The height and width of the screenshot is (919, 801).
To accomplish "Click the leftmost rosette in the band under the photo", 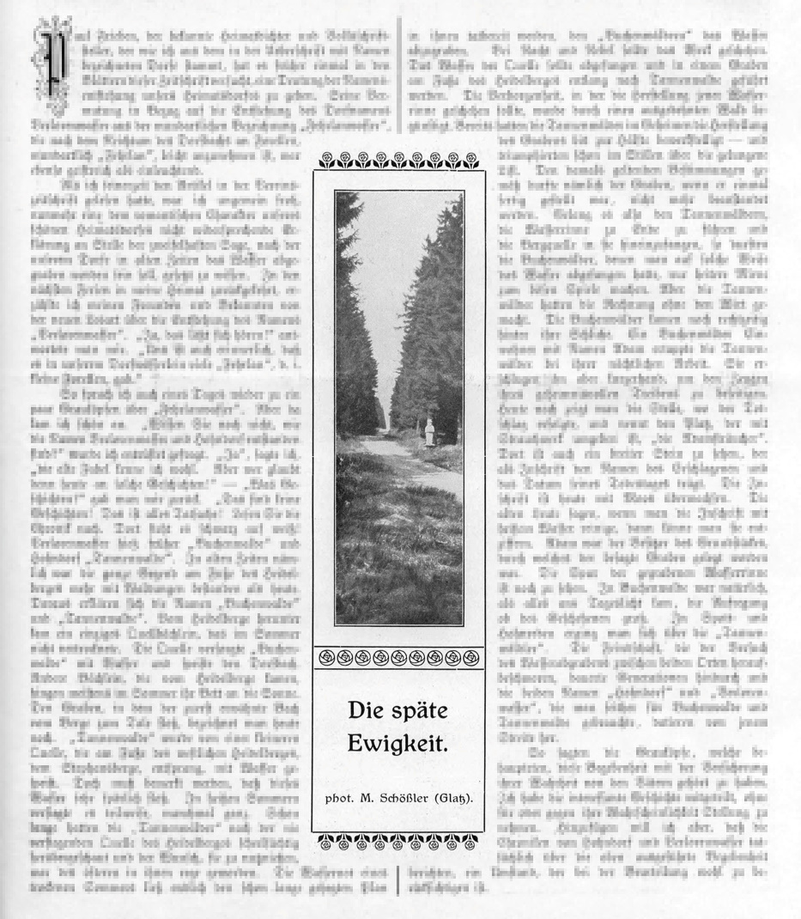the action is (325, 658).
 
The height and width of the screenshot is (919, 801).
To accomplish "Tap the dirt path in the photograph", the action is (421, 481).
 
